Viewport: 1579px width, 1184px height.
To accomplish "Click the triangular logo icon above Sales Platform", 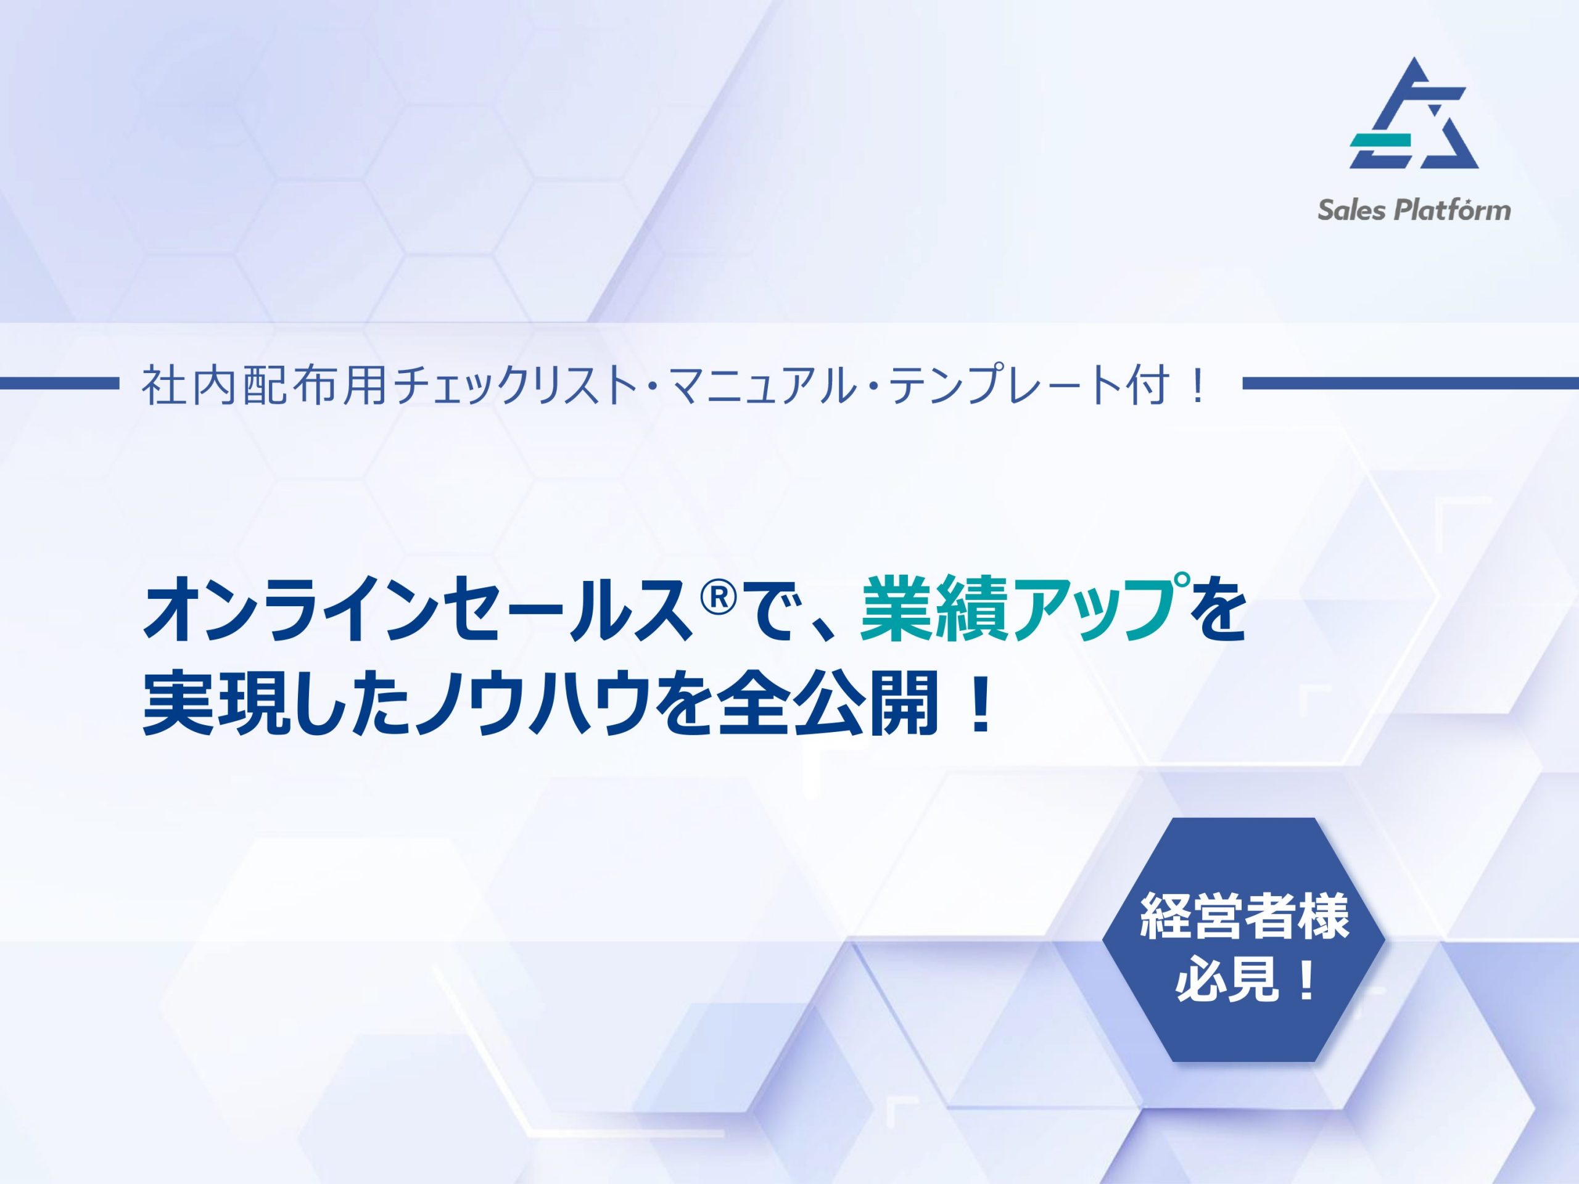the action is (1414, 114).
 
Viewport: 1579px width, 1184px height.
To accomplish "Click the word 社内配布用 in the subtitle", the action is (264, 386).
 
